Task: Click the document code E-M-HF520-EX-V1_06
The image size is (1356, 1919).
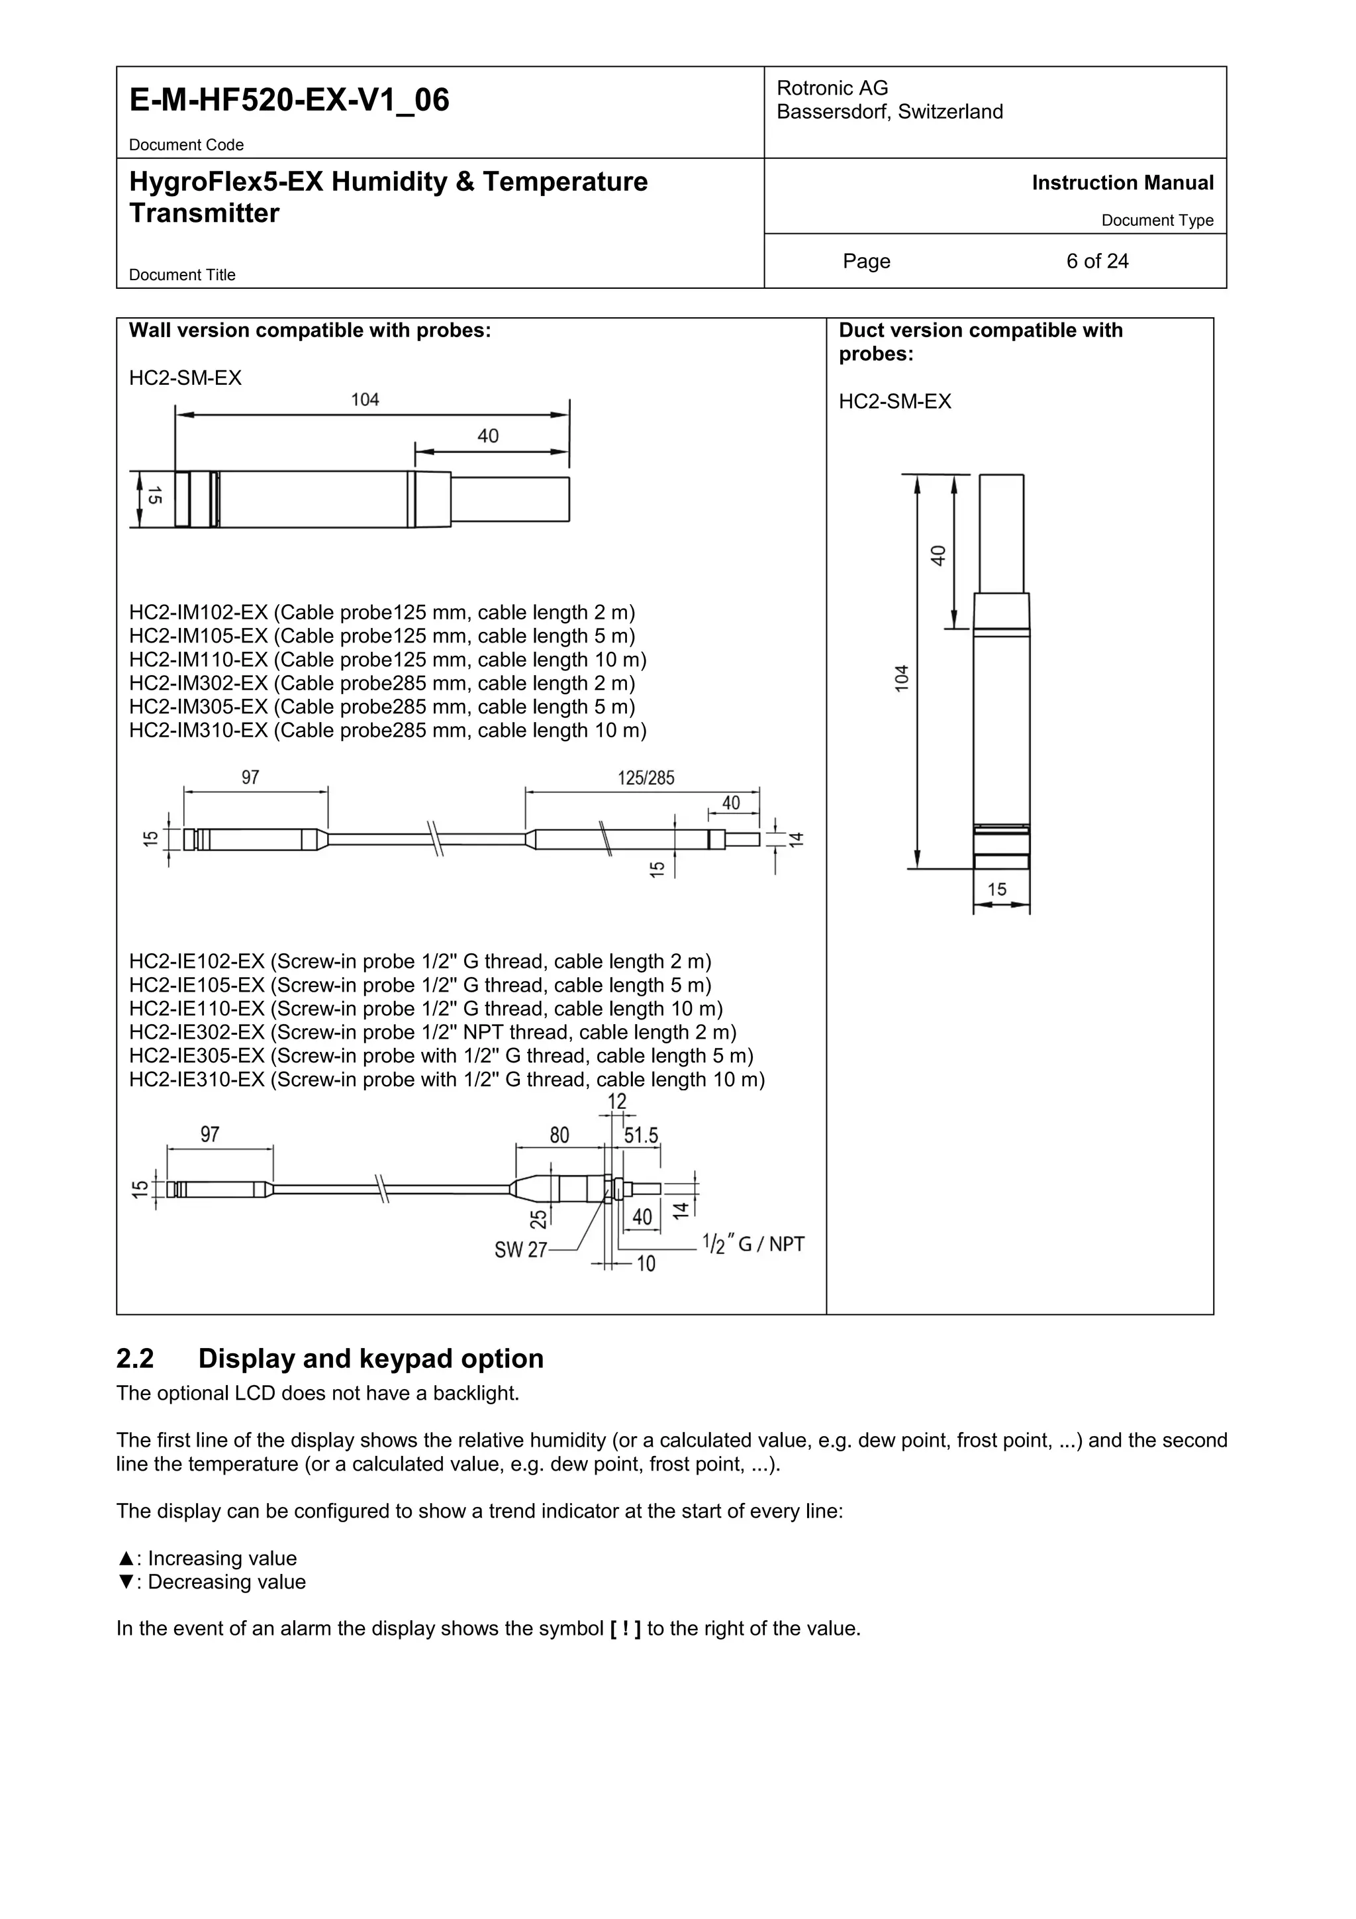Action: [x=289, y=100]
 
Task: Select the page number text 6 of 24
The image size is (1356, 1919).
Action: [x=1096, y=262]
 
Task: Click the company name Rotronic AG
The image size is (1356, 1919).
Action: [x=832, y=87]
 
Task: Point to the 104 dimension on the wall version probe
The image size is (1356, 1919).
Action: [x=365, y=400]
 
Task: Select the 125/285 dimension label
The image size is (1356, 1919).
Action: [x=646, y=778]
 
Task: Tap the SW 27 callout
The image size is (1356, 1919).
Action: [x=520, y=1251]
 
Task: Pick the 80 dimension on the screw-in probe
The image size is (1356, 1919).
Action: [x=559, y=1135]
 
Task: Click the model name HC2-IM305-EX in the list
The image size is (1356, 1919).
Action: [x=197, y=707]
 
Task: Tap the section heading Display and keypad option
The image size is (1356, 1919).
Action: [x=370, y=1359]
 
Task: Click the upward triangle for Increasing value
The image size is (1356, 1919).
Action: [x=125, y=1559]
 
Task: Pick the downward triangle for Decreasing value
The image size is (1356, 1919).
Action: [x=125, y=1582]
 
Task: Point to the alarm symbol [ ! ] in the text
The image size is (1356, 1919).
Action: [x=626, y=1629]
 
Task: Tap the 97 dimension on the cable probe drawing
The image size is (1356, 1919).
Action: [x=251, y=778]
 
